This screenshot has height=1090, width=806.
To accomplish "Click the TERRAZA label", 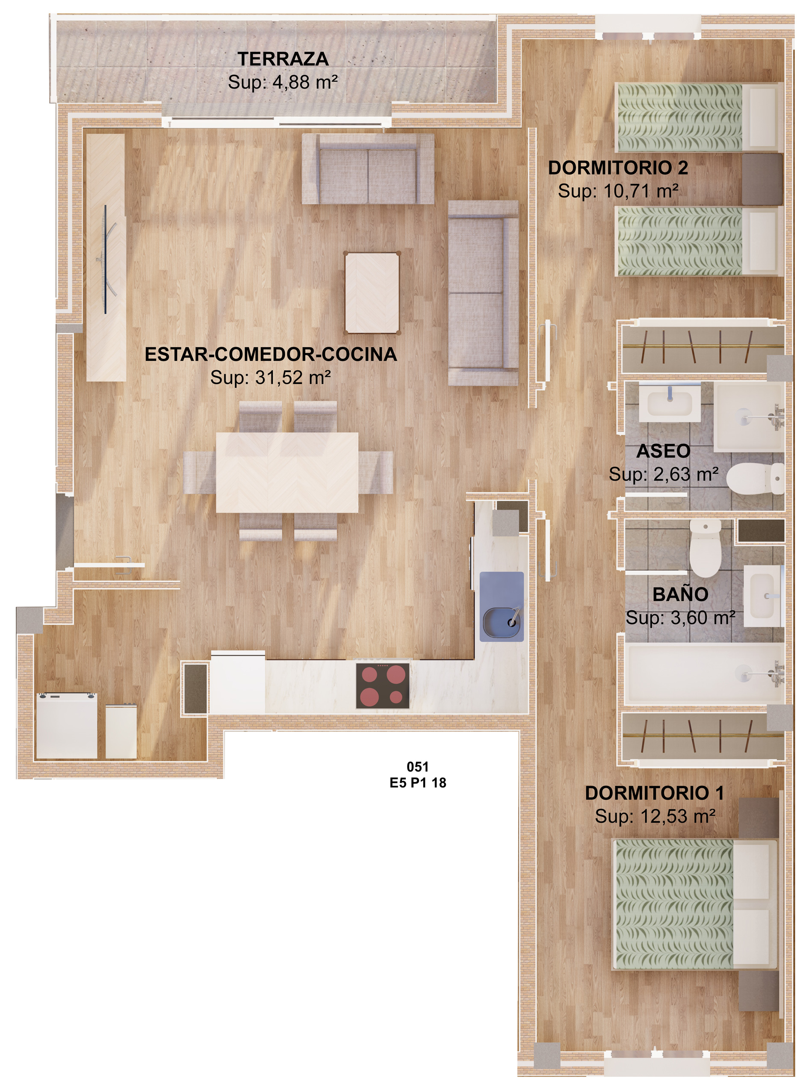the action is (x=283, y=59).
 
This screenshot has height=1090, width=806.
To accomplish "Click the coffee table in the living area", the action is (x=372, y=293).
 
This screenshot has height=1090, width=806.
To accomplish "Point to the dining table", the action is (x=287, y=472).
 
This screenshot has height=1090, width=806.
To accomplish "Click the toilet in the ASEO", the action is (x=755, y=479).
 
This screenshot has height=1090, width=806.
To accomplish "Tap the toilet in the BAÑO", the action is (x=705, y=548).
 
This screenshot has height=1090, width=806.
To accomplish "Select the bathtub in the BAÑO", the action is (x=703, y=674).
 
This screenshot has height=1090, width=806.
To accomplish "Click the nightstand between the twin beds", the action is (x=762, y=180).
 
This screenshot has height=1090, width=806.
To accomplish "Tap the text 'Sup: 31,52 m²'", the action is (x=271, y=377).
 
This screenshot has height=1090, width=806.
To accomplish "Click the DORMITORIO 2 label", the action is (x=618, y=168).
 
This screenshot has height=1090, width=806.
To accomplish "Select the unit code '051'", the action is (x=417, y=767).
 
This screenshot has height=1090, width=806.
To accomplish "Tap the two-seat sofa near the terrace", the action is (x=368, y=169).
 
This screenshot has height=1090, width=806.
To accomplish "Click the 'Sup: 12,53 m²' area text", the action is (x=655, y=816).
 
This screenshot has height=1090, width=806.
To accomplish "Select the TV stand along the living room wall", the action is (x=106, y=257).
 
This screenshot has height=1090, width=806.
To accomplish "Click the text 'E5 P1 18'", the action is (x=418, y=783).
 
